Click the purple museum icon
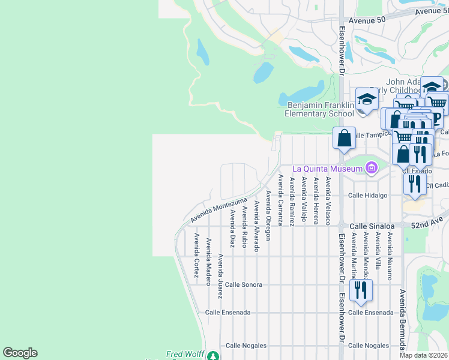point(372,169)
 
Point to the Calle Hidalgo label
point(367,195)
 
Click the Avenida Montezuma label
point(219,210)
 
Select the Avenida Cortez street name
point(196,253)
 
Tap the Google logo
point(20,353)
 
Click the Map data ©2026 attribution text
point(423,355)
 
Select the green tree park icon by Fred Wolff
point(212,356)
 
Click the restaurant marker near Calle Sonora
point(361,290)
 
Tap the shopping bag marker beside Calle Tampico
point(345,138)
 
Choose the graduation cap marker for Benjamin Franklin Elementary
point(367,100)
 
